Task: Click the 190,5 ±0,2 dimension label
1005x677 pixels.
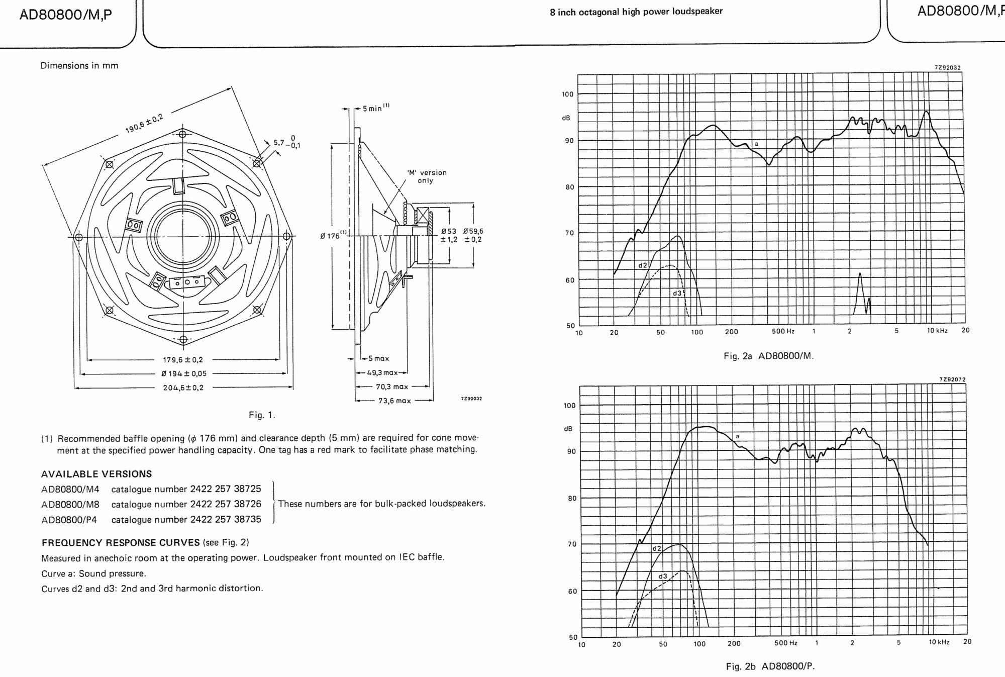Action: point(144,124)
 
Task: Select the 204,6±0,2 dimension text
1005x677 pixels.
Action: point(183,388)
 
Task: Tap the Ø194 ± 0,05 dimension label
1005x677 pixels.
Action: point(184,374)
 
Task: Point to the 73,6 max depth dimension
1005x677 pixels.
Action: point(394,401)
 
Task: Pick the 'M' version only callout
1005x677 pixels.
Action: point(426,176)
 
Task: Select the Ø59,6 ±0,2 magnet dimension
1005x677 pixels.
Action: point(473,235)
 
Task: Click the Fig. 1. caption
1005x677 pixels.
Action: point(262,415)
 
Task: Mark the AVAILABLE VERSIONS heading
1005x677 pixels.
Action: point(96,474)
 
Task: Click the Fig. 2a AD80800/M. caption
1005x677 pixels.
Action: point(768,356)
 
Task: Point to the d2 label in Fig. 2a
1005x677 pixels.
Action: point(643,265)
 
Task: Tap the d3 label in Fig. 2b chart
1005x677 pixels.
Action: point(663,576)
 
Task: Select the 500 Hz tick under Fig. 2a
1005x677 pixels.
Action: point(783,331)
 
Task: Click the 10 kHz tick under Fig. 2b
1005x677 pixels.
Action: point(939,642)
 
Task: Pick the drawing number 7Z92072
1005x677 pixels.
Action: point(952,379)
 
